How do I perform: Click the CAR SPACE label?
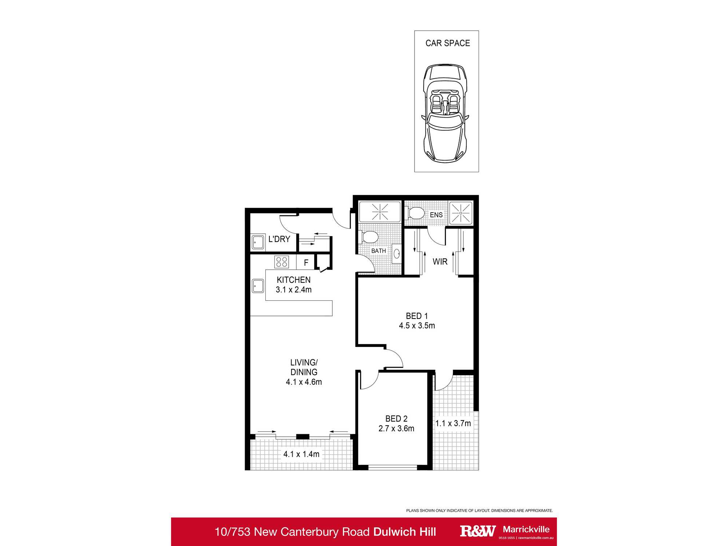click(447, 43)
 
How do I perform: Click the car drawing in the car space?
click(445, 113)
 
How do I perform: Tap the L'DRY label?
click(279, 239)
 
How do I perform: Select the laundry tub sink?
click(258, 242)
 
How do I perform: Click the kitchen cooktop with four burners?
click(282, 262)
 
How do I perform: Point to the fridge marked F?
click(306, 262)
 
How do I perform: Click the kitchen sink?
click(258, 286)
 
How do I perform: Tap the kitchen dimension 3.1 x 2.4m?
click(293, 290)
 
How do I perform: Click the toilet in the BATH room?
click(369, 237)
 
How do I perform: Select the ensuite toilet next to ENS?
click(415, 213)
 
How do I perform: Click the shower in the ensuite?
click(461, 213)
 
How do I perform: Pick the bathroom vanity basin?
click(396, 254)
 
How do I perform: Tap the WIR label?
click(440, 262)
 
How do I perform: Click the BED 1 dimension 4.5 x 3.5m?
click(417, 326)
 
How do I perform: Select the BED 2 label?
click(396, 419)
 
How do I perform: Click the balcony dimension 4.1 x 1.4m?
click(301, 454)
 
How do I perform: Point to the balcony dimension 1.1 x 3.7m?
click(453, 423)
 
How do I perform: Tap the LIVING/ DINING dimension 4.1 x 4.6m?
click(304, 382)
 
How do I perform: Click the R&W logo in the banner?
click(477, 531)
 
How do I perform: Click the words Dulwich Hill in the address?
click(404, 532)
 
